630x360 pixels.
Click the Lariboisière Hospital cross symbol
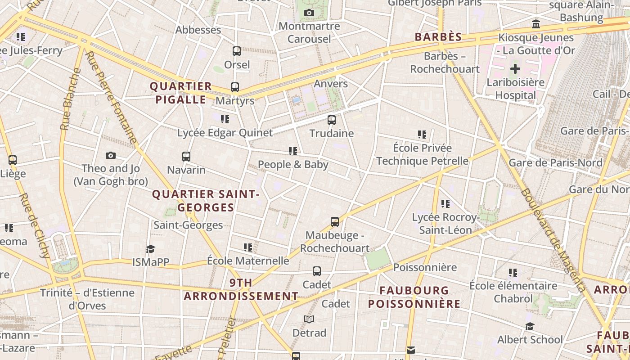click(515, 69)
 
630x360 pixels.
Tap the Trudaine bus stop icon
click(332, 120)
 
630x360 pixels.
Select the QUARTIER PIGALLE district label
click(181, 93)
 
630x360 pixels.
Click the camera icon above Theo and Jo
click(111, 155)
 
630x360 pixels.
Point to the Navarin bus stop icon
click(186, 157)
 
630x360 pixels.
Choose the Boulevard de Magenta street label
click(553, 240)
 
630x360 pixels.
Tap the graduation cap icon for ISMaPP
click(150, 249)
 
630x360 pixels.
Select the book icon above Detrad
click(309, 319)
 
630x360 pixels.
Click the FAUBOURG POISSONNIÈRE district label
click(414, 297)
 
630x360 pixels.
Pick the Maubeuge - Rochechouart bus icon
click(335, 221)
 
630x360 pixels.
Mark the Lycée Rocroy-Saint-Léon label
click(445, 224)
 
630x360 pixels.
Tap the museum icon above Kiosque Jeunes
click(536, 24)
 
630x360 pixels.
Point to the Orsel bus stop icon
click(237, 51)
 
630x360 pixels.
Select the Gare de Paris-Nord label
click(555, 162)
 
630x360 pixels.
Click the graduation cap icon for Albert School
click(530, 326)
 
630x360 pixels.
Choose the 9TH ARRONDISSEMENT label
click(241, 289)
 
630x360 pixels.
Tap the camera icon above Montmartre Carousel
click(309, 13)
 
